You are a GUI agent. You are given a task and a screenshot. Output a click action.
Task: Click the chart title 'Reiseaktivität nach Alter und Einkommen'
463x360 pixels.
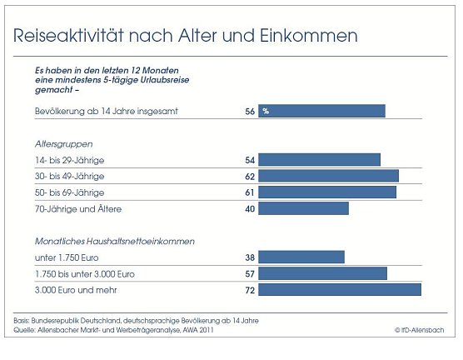click(186, 36)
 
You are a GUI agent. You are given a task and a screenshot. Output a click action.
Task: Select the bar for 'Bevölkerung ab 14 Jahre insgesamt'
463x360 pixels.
click(321, 111)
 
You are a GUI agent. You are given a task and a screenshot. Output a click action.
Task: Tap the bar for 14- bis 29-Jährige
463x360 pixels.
click(319, 160)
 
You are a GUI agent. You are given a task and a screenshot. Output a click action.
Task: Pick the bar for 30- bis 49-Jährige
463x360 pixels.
click(328, 176)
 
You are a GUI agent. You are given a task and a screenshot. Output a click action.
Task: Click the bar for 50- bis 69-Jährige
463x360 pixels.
click(327, 192)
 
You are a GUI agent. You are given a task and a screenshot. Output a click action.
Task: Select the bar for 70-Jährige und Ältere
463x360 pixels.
click(303, 208)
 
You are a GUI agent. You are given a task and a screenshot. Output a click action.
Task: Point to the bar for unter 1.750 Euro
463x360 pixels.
click(301, 257)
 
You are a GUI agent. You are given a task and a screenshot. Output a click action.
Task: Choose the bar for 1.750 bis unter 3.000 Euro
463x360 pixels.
click(322, 273)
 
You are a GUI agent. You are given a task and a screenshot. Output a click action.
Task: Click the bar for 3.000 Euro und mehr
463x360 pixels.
click(340, 290)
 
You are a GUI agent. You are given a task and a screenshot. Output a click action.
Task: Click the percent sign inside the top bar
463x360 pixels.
click(266, 111)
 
